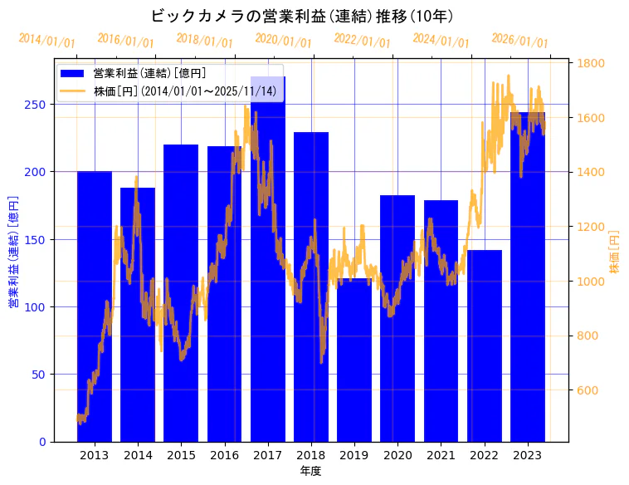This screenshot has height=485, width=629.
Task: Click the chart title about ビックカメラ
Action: (x=303, y=17)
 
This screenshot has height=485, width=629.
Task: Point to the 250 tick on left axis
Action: (x=38, y=105)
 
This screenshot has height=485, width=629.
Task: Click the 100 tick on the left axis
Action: (x=38, y=307)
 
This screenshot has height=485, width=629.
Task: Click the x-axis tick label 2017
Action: (x=267, y=455)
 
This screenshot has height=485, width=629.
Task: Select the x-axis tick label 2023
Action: (x=528, y=455)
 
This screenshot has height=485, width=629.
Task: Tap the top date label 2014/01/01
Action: (x=47, y=41)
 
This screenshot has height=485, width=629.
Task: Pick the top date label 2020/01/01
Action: (x=284, y=41)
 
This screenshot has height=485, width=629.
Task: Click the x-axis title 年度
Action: (x=310, y=471)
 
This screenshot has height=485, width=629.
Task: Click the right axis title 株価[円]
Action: (x=615, y=252)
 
